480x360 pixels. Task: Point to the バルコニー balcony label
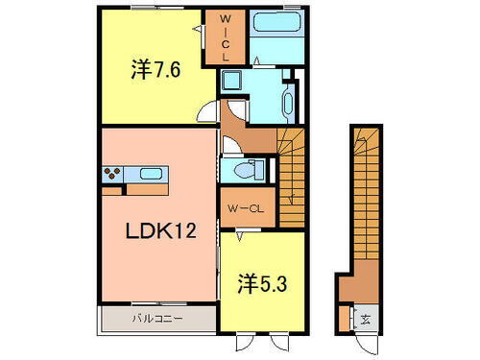tap(157, 316)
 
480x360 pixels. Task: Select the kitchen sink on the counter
tap(149, 175)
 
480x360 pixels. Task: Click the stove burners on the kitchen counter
tap(113, 175)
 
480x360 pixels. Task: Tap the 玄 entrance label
tap(366, 320)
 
